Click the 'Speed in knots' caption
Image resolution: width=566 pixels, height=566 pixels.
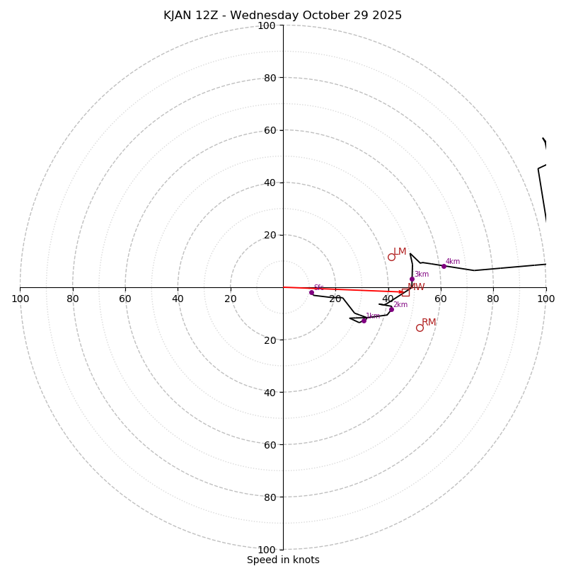point(283,560)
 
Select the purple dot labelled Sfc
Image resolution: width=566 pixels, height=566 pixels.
point(311,292)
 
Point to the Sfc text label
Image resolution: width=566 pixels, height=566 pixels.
point(319,287)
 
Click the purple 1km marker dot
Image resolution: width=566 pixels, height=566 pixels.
point(364,320)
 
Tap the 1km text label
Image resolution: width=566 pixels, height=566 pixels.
point(373,316)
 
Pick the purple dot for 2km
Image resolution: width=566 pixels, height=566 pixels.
point(391,309)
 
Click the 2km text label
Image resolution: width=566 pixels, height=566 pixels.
point(400,305)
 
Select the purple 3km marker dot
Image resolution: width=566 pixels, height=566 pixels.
point(412,279)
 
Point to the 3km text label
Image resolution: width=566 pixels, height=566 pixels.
point(422,275)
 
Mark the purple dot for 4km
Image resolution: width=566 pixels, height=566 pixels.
point(444,266)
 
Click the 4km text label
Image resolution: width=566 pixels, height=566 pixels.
point(453,262)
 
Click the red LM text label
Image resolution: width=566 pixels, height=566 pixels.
point(400,252)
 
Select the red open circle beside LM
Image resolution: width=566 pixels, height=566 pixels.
point(391,257)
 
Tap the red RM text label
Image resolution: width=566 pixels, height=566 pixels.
point(429,323)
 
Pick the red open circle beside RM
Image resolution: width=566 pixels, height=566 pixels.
point(420,328)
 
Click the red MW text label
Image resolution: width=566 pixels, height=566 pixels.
point(417,287)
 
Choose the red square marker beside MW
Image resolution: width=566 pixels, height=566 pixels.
point(405,292)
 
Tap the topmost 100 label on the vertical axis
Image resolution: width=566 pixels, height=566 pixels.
point(266,25)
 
